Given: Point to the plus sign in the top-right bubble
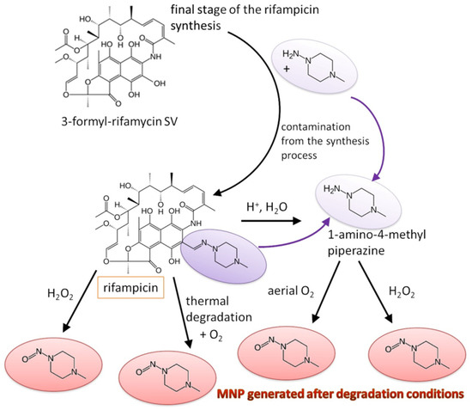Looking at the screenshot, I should pyautogui.click(x=287, y=75).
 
